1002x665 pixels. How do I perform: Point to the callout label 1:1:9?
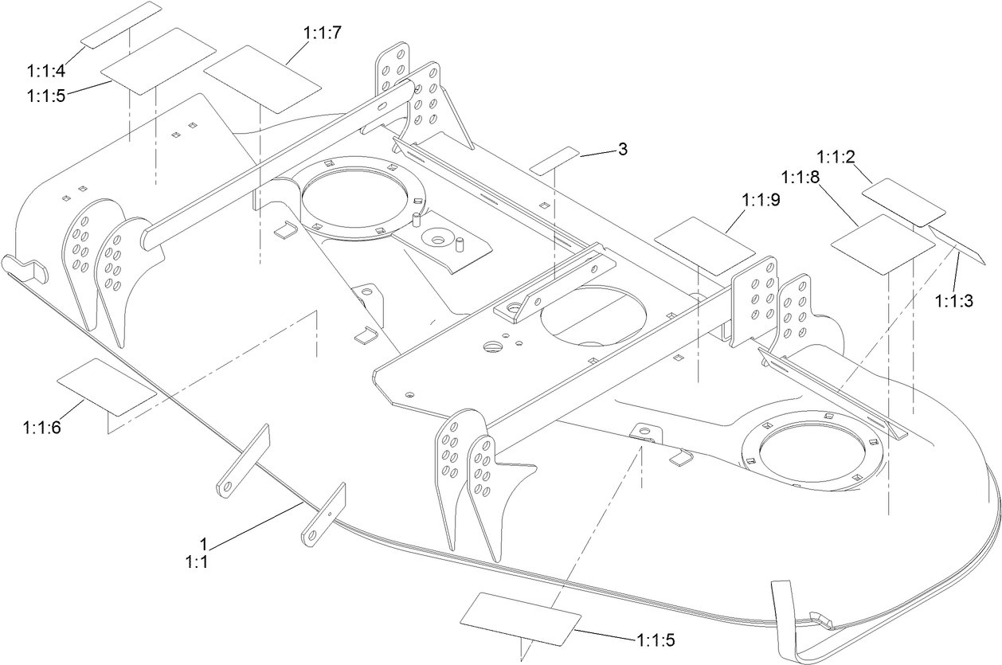pos(761,201)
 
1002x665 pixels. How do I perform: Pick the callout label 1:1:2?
pos(836,156)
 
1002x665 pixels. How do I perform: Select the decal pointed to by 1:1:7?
pos(262,77)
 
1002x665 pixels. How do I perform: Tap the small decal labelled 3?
pos(555,159)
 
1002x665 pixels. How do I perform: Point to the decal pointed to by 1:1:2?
pos(903,201)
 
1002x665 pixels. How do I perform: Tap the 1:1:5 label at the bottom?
pos(657,639)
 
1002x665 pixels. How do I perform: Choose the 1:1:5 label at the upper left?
pos(45,96)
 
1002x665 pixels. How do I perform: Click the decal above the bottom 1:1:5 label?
pos(520,617)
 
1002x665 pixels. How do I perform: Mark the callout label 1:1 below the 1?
pos(197,562)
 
